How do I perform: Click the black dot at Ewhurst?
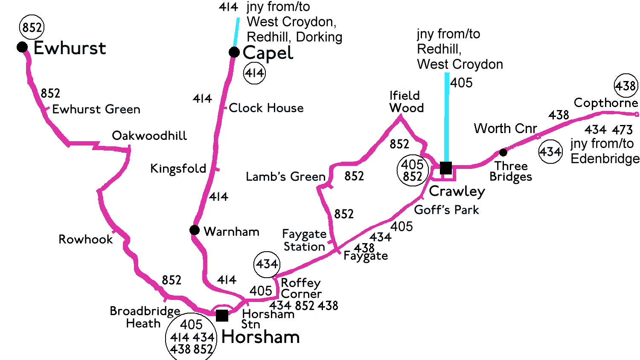[x=22, y=47]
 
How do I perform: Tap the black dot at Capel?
[x=234, y=52]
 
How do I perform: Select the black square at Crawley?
[x=446, y=168]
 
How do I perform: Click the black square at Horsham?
[x=222, y=316]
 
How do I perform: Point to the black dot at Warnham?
[x=195, y=230]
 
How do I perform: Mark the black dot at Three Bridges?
[x=503, y=152]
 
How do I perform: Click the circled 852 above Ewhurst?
[x=32, y=27]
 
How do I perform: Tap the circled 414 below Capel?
[x=254, y=73]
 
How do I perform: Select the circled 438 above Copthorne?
[x=625, y=86]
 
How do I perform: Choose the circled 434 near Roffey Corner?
[x=267, y=264]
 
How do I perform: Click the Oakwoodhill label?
[x=149, y=136]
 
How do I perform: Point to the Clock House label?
[x=266, y=108]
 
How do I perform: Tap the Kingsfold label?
[x=178, y=168]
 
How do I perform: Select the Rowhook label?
[x=86, y=239]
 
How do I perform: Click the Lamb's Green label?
[x=285, y=177]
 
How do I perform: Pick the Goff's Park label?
[x=446, y=210]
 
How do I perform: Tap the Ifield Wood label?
[x=406, y=102]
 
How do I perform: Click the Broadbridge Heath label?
[x=145, y=317]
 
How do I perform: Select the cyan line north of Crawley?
[x=447, y=115]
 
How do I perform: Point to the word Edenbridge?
[x=605, y=159]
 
